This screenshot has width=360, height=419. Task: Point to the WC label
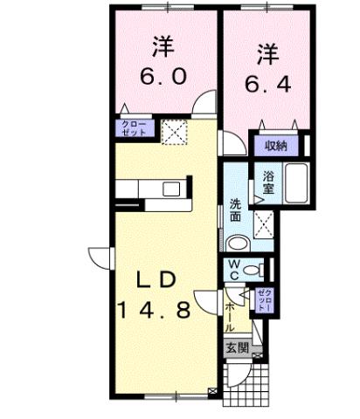point(236,267)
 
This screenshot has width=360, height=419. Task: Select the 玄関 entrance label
point(237,347)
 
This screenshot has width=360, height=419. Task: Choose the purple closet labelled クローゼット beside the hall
point(265,299)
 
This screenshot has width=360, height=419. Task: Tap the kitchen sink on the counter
point(170,189)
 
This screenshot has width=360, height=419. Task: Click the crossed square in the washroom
point(263,224)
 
